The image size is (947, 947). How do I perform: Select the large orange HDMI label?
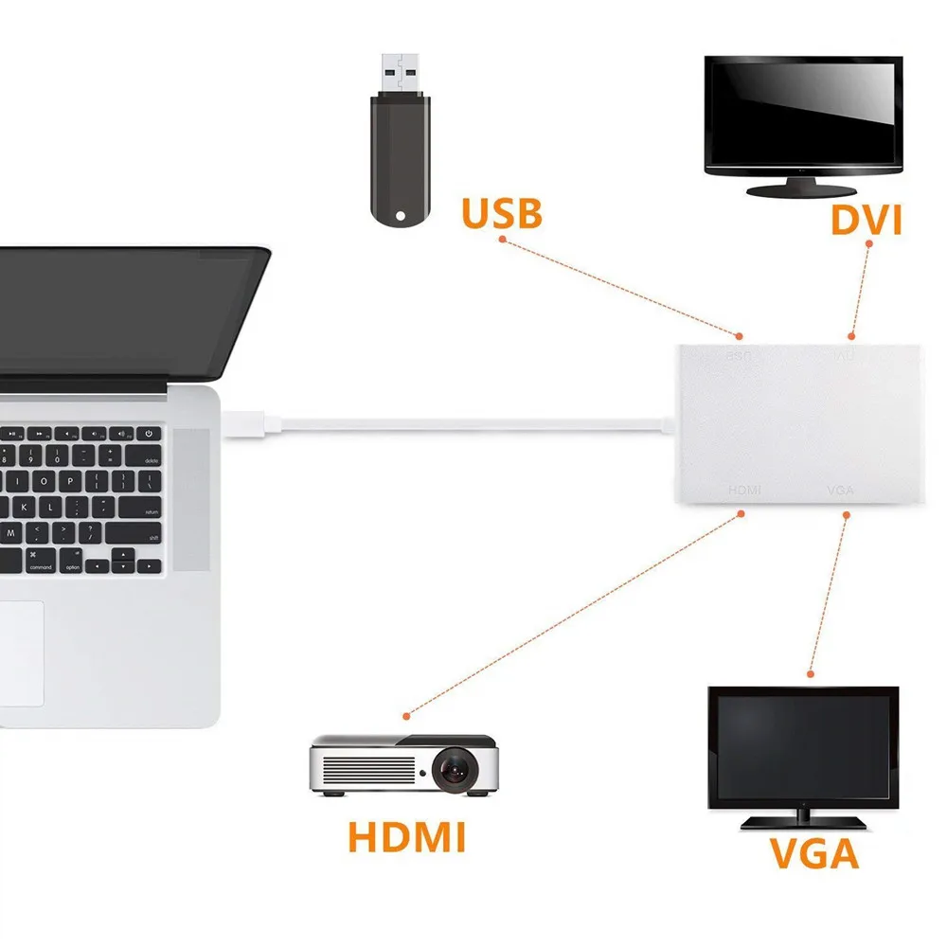406,837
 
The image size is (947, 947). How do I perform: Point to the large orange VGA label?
813,853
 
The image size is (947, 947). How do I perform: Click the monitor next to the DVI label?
804,116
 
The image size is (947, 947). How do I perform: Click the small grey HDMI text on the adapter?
744,490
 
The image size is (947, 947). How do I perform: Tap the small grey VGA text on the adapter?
841,490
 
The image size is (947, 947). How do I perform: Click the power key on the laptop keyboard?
149,434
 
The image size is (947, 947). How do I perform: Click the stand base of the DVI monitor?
803,190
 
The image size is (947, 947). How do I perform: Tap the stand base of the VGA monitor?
803,820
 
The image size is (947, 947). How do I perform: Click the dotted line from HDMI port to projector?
568,616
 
